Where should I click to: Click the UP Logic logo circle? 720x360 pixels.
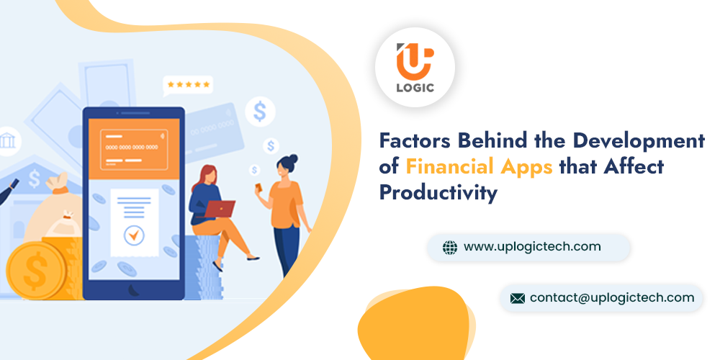[x=415, y=68]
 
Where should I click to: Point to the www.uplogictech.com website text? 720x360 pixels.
[x=532, y=246]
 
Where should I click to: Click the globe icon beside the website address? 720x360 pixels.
[x=450, y=248]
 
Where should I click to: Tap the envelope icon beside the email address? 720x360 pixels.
[x=518, y=299]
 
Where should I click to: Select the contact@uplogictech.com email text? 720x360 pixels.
[x=612, y=297]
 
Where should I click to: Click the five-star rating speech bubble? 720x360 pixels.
[x=188, y=86]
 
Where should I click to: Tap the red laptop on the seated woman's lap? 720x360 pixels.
[x=219, y=209]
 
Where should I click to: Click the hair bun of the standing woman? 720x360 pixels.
[x=293, y=159]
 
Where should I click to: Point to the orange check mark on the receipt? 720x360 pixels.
[x=134, y=235]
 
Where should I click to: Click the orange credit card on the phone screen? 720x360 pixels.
[x=134, y=149]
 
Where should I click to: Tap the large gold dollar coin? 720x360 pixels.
[x=36, y=271]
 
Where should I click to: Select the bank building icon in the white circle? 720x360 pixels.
[x=8, y=140]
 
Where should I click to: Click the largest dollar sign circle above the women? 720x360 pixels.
[x=260, y=112]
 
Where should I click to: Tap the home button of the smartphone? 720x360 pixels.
[x=134, y=289]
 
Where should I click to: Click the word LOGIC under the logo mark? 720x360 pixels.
[x=415, y=88]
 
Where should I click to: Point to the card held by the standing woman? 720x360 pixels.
[x=259, y=188]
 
